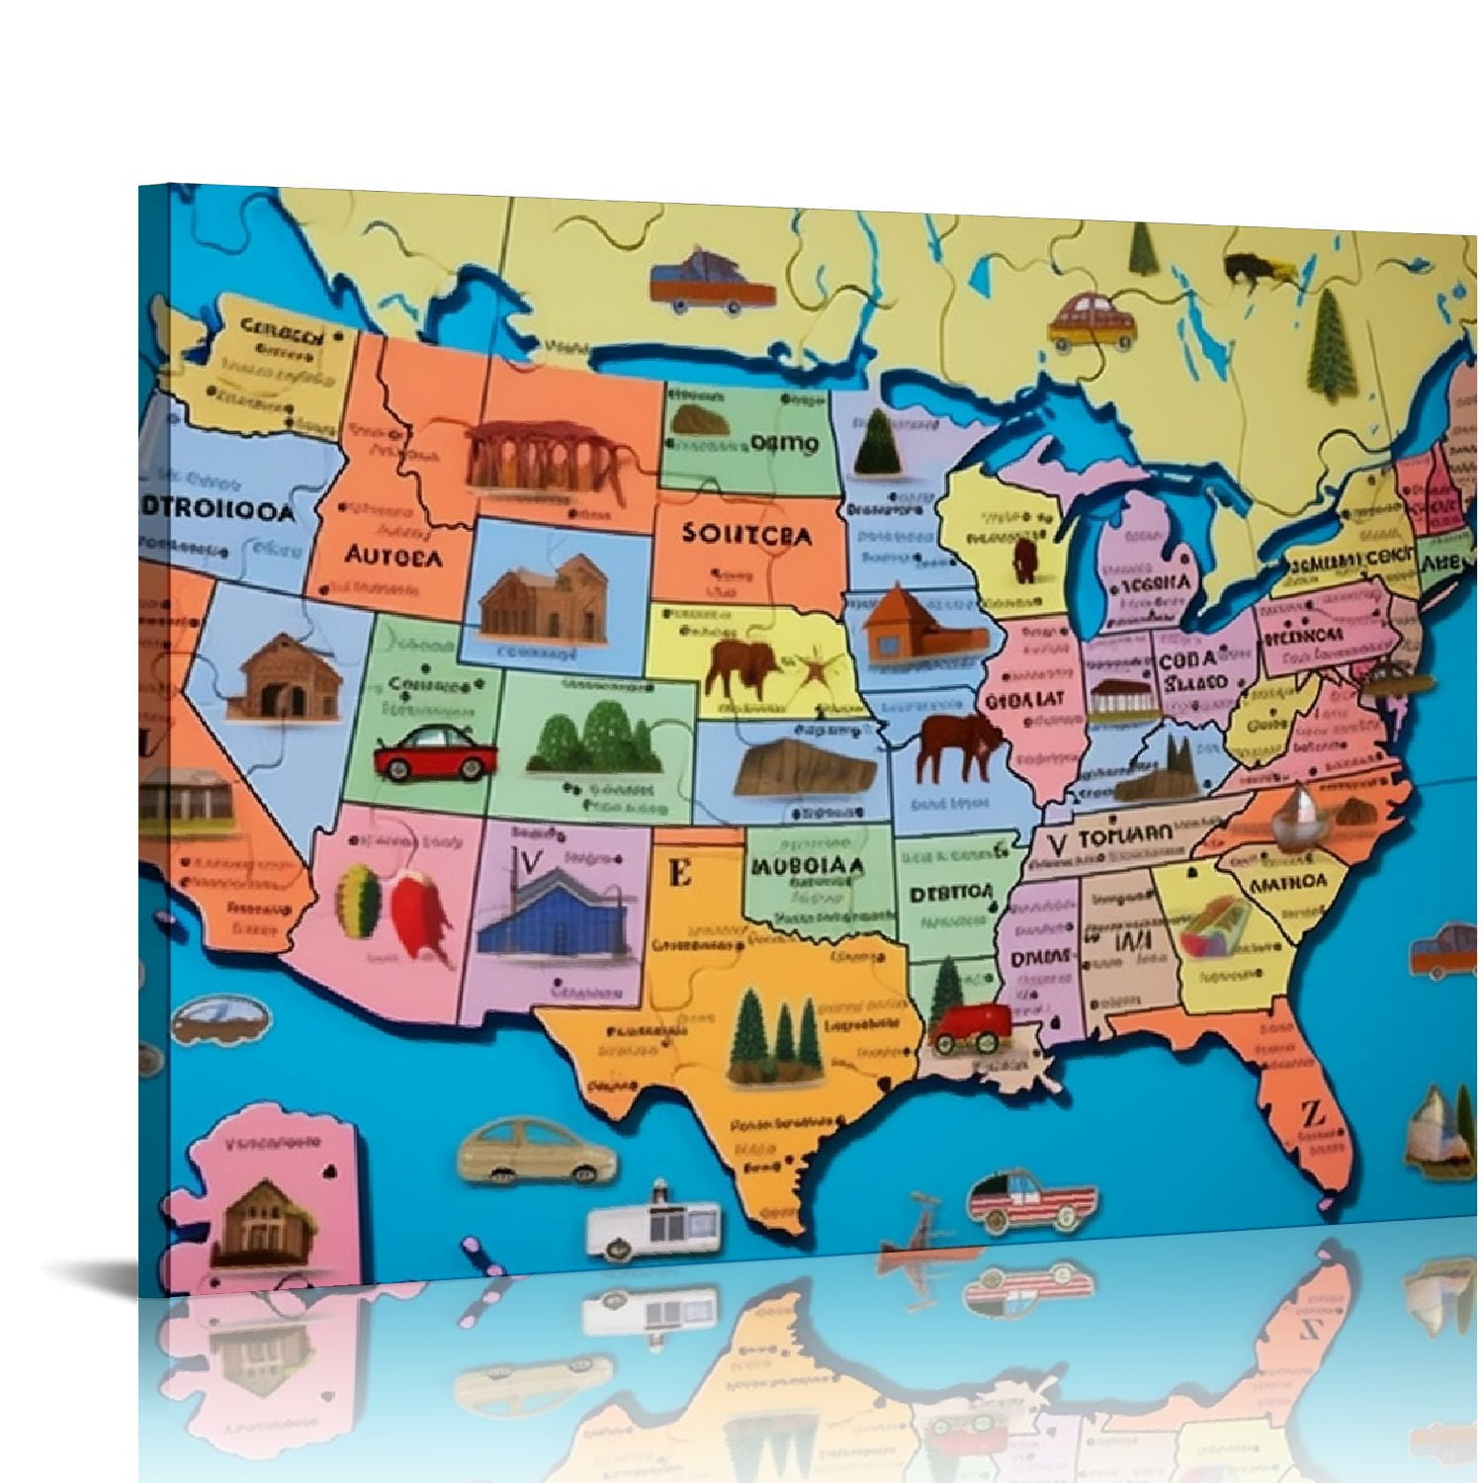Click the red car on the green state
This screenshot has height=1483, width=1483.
click(x=434, y=753)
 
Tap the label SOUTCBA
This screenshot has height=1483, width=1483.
click(x=746, y=535)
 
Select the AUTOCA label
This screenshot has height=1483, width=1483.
click(x=393, y=556)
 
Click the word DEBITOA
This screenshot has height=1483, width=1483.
click(x=950, y=892)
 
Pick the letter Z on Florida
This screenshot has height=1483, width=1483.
click(x=1312, y=1114)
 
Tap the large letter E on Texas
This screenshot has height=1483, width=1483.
click(x=679, y=873)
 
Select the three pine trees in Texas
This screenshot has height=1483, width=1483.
click(x=774, y=1037)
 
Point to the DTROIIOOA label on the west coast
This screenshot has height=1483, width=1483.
click(x=218, y=511)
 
